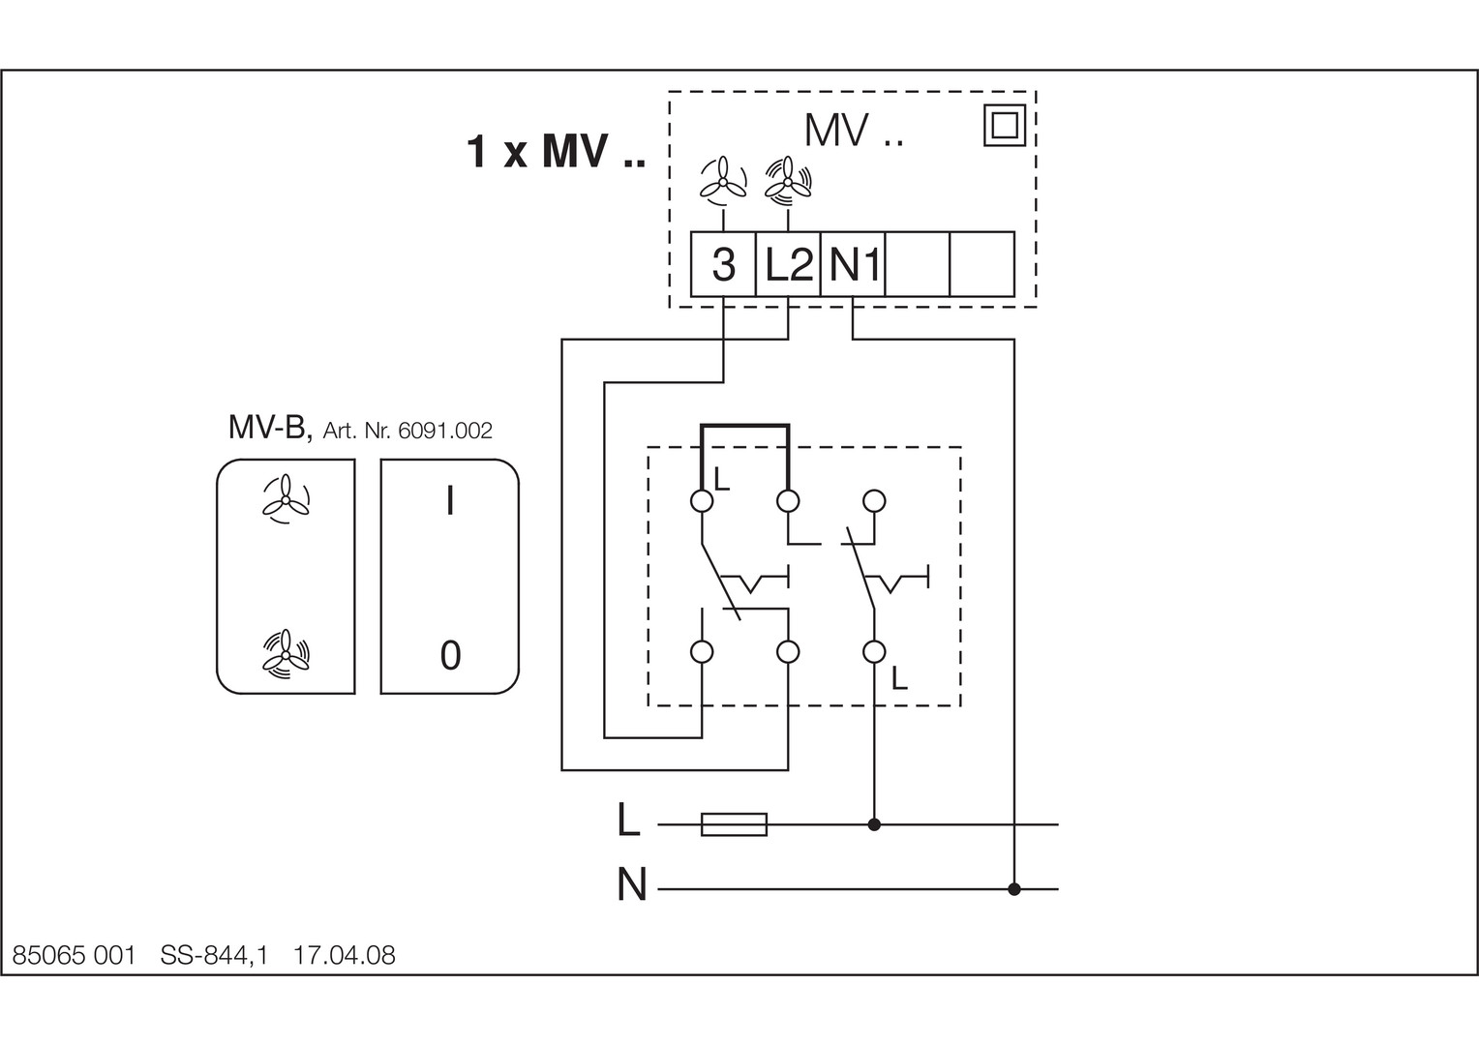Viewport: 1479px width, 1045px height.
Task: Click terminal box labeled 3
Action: pyautogui.click(x=723, y=264)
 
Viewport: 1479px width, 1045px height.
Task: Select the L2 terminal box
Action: pyautogui.click(x=788, y=264)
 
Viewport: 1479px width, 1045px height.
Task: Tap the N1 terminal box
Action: pyautogui.click(x=853, y=264)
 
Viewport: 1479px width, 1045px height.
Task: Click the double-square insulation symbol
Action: pyautogui.click(x=1005, y=126)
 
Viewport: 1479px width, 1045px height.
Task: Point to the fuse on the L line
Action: pyautogui.click(x=734, y=824)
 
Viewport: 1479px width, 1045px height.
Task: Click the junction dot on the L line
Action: pyautogui.click(x=874, y=824)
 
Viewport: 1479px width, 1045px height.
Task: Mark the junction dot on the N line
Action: pyautogui.click(x=1014, y=888)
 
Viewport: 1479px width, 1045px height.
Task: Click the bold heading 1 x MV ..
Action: pyautogui.click(x=556, y=152)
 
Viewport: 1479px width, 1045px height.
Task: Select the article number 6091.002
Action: pyautogui.click(x=445, y=432)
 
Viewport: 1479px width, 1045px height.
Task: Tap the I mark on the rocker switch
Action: pyautogui.click(x=450, y=501)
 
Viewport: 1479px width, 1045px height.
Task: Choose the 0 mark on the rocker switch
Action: pyautogui.click(x=450, y=656)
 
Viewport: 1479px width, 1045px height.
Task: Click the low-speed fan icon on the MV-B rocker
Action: pyautogui.click(x=286, y=500)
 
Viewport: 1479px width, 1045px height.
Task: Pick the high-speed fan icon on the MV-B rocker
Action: pyautogui.click(x=286, y=652)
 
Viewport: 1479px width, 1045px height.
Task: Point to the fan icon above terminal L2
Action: pyautogui.click(x=788, y=178)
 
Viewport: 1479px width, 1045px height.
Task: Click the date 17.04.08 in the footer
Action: pyautogui.click(x=345, y=956)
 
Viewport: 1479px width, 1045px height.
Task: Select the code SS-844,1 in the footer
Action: pyautogui.click(x=213, y=956)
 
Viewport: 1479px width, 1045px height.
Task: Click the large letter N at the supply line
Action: pyautogui.click(x=631, y=885)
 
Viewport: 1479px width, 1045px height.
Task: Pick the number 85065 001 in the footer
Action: pyautogui.click(x=74, y=956)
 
